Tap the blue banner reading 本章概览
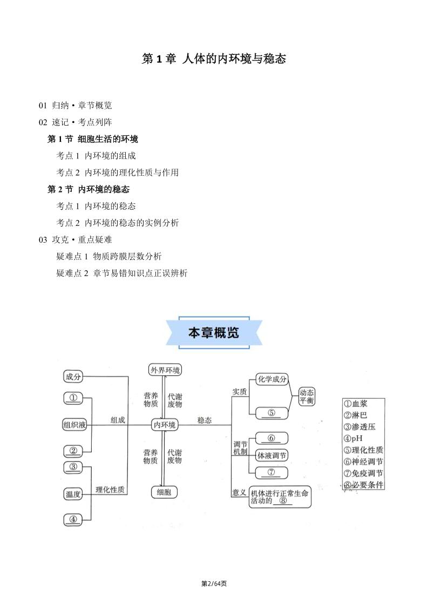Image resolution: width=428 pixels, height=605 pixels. (214, 333)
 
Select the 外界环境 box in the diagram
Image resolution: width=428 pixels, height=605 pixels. (165, 370)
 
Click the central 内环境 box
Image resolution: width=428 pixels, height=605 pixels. (165, 425)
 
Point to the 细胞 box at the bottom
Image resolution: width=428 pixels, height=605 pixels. (164, 492)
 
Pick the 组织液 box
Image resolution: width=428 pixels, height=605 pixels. (74, 425)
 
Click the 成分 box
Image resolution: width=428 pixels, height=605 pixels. (73, 377)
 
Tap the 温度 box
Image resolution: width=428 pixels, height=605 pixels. (73, 493)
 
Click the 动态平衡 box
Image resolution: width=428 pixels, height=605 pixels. (307, 397)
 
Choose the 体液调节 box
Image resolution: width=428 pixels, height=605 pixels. (271, 456)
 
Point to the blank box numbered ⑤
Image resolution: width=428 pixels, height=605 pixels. (271, 413)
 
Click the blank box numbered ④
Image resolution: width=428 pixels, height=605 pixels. (73, 519)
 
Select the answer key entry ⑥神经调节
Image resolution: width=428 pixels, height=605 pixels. (363, 462)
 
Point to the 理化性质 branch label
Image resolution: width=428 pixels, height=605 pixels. (110, 490)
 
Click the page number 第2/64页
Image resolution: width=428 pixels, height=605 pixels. (214, 583)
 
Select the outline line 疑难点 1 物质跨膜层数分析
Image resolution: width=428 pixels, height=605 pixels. (109, 257)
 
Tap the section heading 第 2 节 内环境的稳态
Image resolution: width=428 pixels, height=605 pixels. (89, 189)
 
